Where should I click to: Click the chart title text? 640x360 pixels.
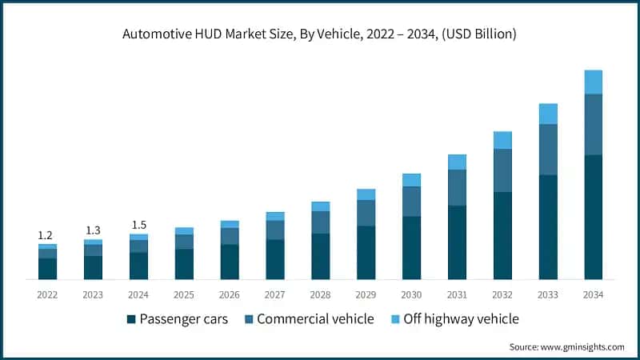click(320, 34)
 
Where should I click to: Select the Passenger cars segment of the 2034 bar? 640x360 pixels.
click(593, 217)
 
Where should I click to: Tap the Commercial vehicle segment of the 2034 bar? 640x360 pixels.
click(593, 124)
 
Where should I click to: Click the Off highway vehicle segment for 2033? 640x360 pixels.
click(548, 114)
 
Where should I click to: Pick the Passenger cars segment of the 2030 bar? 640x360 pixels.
click(411, 247)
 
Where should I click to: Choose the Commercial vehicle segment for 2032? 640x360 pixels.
click(502, 170)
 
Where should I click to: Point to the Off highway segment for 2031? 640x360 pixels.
click(457, 162)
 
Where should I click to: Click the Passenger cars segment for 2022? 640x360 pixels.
click(47, 269)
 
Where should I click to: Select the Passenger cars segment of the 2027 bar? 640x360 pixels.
click(275, 259)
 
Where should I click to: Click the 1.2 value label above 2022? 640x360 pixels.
click(45, 235)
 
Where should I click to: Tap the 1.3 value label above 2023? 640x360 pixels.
click(93, 230)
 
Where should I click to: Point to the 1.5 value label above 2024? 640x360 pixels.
click(138, 225)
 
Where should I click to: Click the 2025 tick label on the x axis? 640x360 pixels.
click(184, 294)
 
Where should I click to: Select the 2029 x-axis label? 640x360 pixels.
click(366, 294)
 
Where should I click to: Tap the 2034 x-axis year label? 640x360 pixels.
click(593, 294)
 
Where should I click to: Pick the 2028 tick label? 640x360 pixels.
click(320, 294)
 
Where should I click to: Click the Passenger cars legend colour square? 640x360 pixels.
click(131, 319)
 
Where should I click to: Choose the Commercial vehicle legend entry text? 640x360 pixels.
click(315, 319)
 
